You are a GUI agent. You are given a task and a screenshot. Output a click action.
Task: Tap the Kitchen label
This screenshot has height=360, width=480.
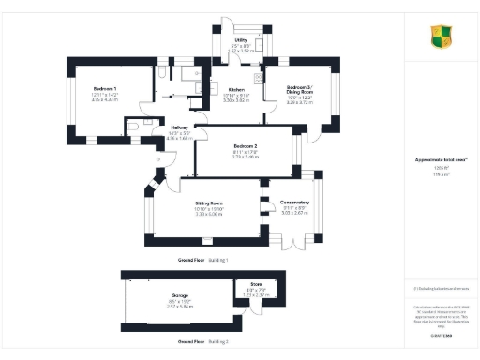(236, 90)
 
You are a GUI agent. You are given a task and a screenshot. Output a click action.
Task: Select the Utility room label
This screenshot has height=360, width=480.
(241, 39)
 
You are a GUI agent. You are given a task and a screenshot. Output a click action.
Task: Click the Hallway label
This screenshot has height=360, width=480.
(179, 127)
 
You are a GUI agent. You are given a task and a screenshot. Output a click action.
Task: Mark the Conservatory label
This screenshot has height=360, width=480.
(295, 202)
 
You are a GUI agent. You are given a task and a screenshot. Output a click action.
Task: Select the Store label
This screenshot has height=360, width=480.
(255, 284)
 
